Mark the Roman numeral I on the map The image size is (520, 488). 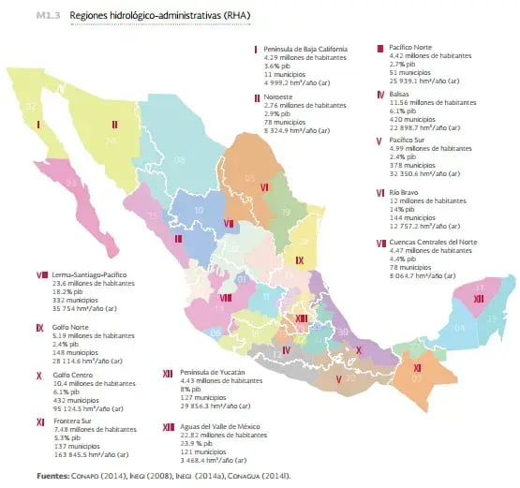click(x=38, y=123)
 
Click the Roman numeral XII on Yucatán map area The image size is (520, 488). click(x=478, y=298)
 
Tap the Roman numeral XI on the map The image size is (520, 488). click(x=417, y=367)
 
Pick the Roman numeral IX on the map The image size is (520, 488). click(x=299, y=259)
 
